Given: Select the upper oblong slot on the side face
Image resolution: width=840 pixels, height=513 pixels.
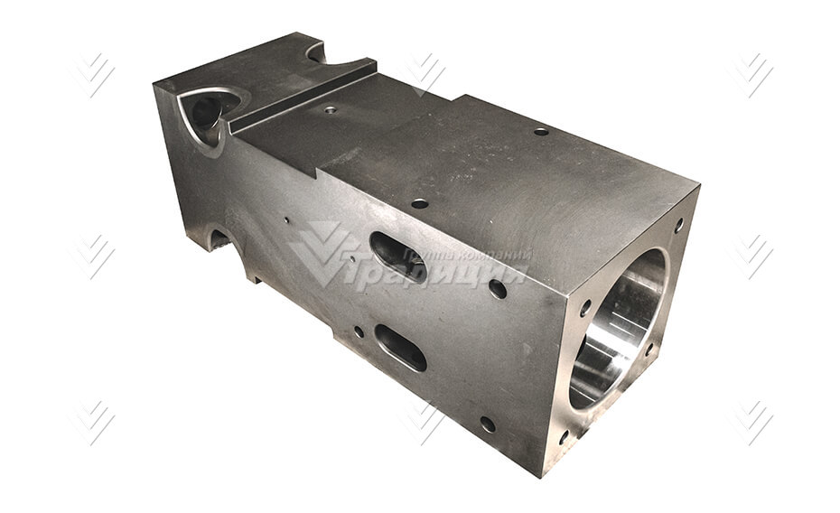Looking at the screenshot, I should click(397, 257).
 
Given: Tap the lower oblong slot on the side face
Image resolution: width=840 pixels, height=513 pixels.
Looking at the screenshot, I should click(401, 348).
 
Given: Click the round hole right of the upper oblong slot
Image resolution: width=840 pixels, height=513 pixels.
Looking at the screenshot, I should click(497, 290).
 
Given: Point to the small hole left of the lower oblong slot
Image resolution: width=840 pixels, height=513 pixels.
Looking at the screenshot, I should click(359, 331).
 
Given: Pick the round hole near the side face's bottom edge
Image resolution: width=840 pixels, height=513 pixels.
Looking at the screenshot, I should click(488, 424).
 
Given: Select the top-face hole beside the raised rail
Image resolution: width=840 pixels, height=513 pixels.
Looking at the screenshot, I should click(330, 110).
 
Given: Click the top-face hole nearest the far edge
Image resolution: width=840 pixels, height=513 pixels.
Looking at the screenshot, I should click(541, 132).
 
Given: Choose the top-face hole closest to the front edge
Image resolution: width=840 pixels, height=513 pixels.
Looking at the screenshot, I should click(420, 204).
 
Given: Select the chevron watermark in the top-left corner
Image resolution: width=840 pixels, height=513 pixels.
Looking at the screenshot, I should click(94, 74).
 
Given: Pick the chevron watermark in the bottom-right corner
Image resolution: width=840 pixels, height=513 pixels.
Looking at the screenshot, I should click(752, 421).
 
